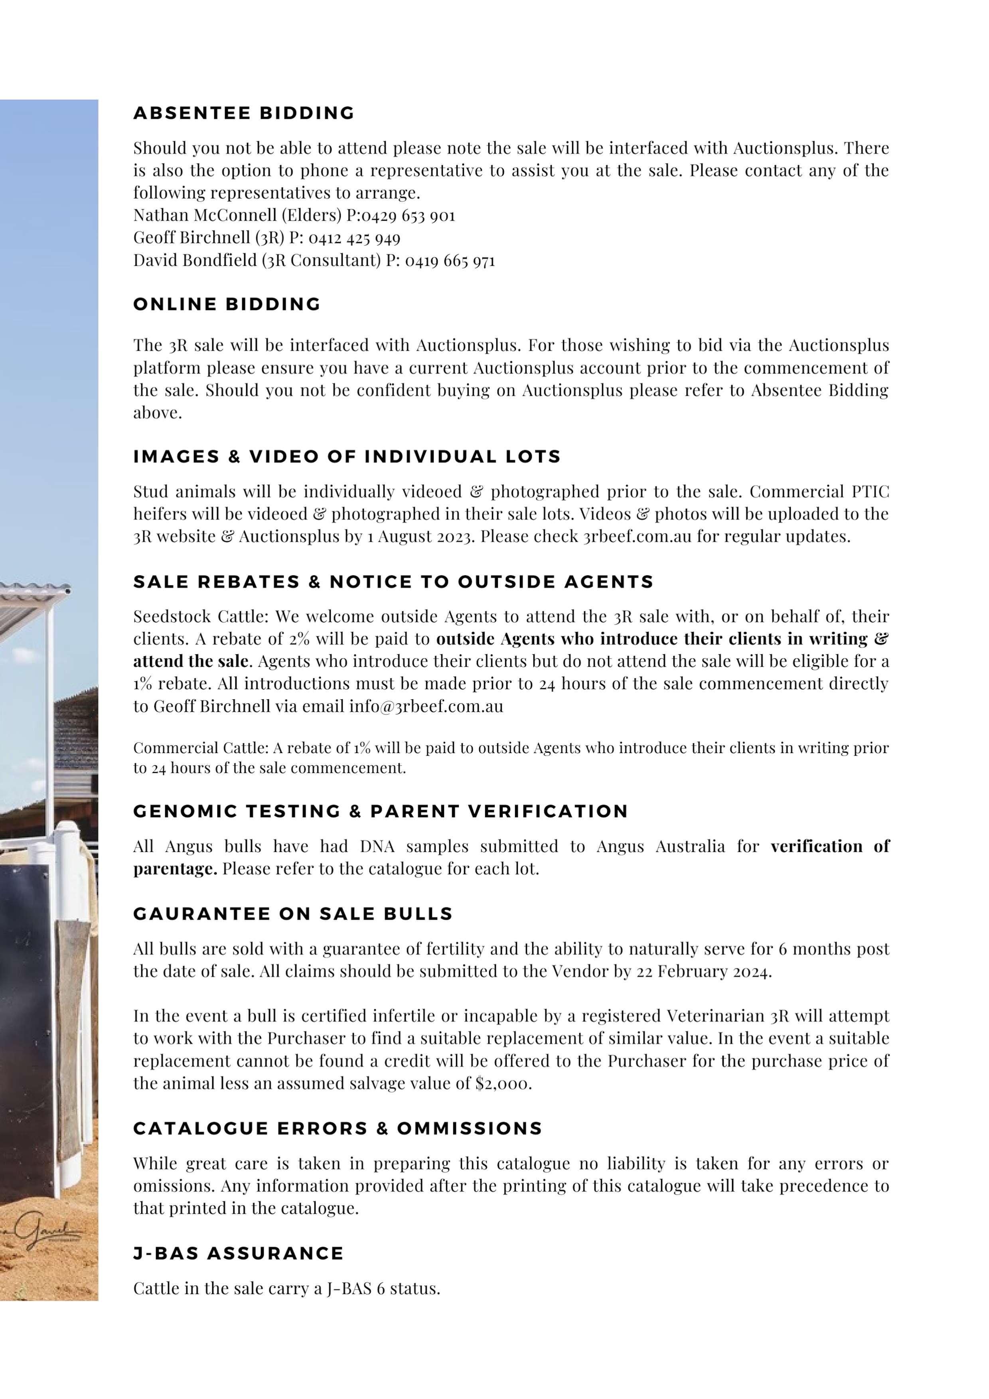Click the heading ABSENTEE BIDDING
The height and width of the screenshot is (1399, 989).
coord(244,113)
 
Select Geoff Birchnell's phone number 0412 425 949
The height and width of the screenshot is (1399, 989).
coord(354,238)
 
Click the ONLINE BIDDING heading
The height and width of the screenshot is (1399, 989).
coord(227,305)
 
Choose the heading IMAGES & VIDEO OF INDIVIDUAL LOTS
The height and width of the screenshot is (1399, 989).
coord(347,457)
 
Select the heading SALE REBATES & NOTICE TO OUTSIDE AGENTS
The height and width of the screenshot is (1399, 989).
coord(393,582)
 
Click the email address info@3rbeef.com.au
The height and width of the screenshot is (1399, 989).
coord(426,707)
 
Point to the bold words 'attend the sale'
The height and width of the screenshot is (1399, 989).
coord(191,662)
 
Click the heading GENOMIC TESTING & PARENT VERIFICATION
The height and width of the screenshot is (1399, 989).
coord(380,812)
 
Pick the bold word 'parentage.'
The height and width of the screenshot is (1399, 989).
coord(175,869)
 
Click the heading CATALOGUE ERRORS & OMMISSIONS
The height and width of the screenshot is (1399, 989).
coord(338,1129)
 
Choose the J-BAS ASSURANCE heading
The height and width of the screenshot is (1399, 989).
coord(238,1253)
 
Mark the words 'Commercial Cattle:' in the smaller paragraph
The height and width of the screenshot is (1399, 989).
coord(201,748)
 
